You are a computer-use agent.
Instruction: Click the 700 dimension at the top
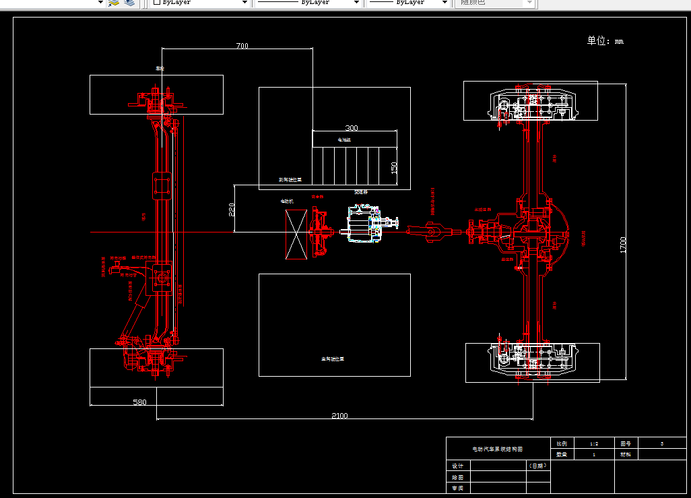[242, 46]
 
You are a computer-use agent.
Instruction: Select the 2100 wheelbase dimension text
[339, 415]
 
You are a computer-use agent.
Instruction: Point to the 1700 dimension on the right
[623, 245]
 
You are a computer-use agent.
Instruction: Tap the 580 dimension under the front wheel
[139, 402]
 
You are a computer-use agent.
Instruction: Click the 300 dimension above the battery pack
[352, 127]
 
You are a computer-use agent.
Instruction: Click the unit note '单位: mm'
[605, 41]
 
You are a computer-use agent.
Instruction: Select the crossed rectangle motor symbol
[296, 234]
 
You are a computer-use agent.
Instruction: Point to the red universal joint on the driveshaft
[431, 233]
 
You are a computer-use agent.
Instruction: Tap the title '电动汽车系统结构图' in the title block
[498, 448]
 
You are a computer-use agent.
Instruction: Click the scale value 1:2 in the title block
[593, 443]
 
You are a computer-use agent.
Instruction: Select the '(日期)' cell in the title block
[537, 466]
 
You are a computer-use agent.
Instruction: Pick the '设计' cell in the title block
[458, 466]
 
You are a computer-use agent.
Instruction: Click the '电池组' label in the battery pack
[344, 139]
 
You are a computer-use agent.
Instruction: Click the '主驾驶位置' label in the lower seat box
[333, 359]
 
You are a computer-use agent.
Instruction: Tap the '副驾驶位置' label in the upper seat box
[290, 180]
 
